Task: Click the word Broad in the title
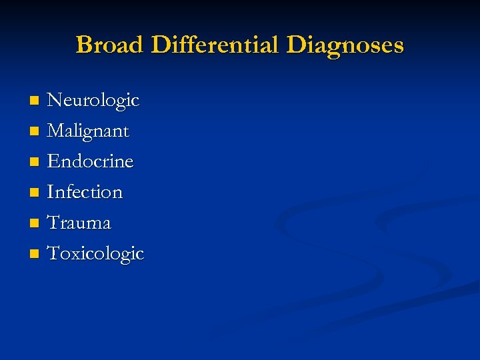point(111,45)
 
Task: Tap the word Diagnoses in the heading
point(345,45)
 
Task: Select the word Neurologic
point(93,101)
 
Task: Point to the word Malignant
point(88,131)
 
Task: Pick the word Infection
point(85,193)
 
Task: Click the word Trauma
point(79,223)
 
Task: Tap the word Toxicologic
point(96,254)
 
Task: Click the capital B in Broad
point(84,45)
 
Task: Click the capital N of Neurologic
point(55,101)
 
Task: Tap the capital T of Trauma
point(53,223)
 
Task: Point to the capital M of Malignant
point(57,131)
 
